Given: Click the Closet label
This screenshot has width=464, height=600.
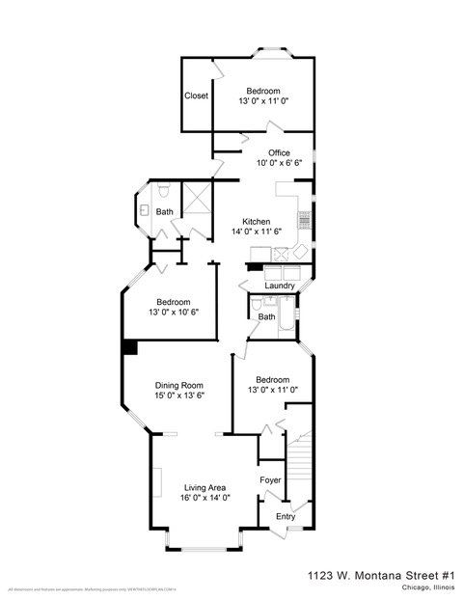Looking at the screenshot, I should point(197,95).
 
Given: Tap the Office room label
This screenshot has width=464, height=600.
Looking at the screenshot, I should point(279,152).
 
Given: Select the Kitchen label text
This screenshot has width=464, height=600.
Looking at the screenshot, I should point(256,221).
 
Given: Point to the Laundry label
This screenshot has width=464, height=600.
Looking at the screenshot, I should point(279,286).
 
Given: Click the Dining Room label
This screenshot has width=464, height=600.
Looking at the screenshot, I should point(178,384).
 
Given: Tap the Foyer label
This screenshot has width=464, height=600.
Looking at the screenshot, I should point(271,479).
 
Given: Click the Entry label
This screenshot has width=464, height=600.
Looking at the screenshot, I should point(286,517).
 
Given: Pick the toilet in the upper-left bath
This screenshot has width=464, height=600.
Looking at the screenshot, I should point(165,187).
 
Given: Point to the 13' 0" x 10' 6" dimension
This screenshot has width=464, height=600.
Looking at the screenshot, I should point(179,313).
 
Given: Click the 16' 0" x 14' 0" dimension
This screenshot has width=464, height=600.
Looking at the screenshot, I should point(205,499).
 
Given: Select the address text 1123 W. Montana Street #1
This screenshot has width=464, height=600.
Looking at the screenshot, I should point(380,574).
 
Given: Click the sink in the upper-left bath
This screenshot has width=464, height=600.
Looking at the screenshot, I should point(143,208).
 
